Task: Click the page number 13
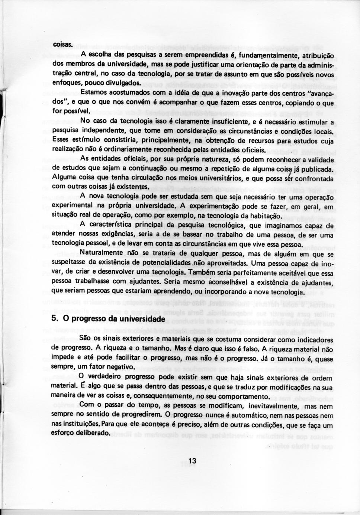[192, 461]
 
